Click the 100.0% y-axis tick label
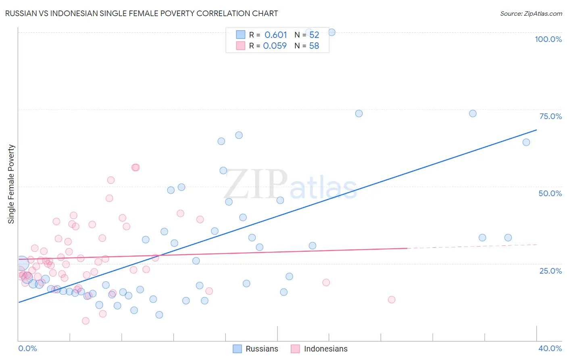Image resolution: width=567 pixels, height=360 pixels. click(548, 39)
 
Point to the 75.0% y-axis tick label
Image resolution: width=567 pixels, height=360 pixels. click(550, 116)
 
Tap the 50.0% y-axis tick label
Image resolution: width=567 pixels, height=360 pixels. click(550, 193)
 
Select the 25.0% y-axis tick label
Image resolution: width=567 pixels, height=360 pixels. click(550, 270)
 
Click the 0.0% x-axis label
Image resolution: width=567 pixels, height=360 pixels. click(27, 348)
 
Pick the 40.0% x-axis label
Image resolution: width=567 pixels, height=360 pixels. click(550, 348)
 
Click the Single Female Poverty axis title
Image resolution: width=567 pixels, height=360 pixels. click(11, 184)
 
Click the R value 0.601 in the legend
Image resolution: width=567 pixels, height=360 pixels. click(275, 35)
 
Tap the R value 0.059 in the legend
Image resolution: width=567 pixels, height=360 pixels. click(275, 46)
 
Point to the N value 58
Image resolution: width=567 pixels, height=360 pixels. click(314, 46)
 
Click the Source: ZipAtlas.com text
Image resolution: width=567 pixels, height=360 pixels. click(531, 14)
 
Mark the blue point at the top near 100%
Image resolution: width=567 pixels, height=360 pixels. click(331, 32)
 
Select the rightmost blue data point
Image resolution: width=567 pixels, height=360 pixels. click(526, 142)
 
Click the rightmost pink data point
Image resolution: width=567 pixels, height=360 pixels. click(391, 299)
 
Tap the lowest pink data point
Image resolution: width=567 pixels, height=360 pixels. click(85, 321)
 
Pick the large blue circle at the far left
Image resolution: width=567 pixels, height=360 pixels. click(22, 263)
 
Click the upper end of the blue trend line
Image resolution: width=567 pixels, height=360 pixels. click(536, 130)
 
